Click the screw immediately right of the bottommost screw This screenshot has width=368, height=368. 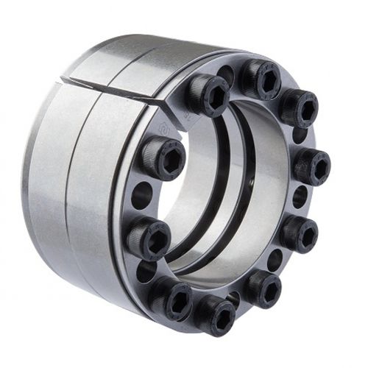pyautogui.click(x=263, y=286)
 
